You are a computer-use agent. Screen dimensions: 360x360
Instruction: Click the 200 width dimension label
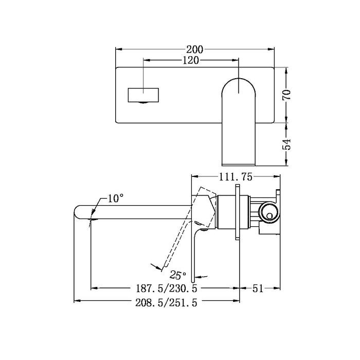[195, 49]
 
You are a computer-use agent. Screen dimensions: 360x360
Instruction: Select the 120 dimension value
[191, 60]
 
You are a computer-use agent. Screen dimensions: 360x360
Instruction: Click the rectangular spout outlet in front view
[143, 95]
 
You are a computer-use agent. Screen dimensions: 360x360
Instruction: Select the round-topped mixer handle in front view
[239, 118]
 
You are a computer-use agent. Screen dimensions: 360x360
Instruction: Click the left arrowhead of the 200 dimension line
[118, 49]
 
